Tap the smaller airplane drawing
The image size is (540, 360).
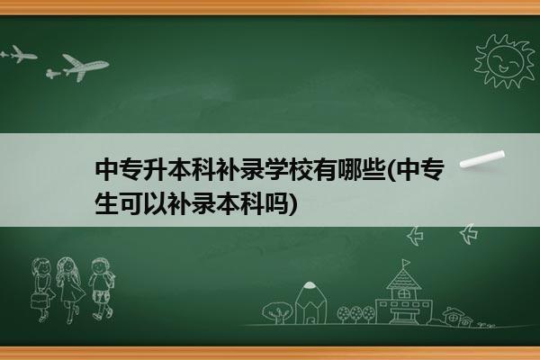coord(19,54)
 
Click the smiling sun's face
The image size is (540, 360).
coord(505,61)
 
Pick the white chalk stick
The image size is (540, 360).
coord(482,159)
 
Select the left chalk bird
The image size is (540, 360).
coord(416,236)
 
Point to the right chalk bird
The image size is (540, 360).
coord(469,233)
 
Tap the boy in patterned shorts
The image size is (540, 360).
coord(102,289)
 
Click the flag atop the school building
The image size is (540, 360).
coord(407,263)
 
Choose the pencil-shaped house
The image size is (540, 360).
coord(310,303)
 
